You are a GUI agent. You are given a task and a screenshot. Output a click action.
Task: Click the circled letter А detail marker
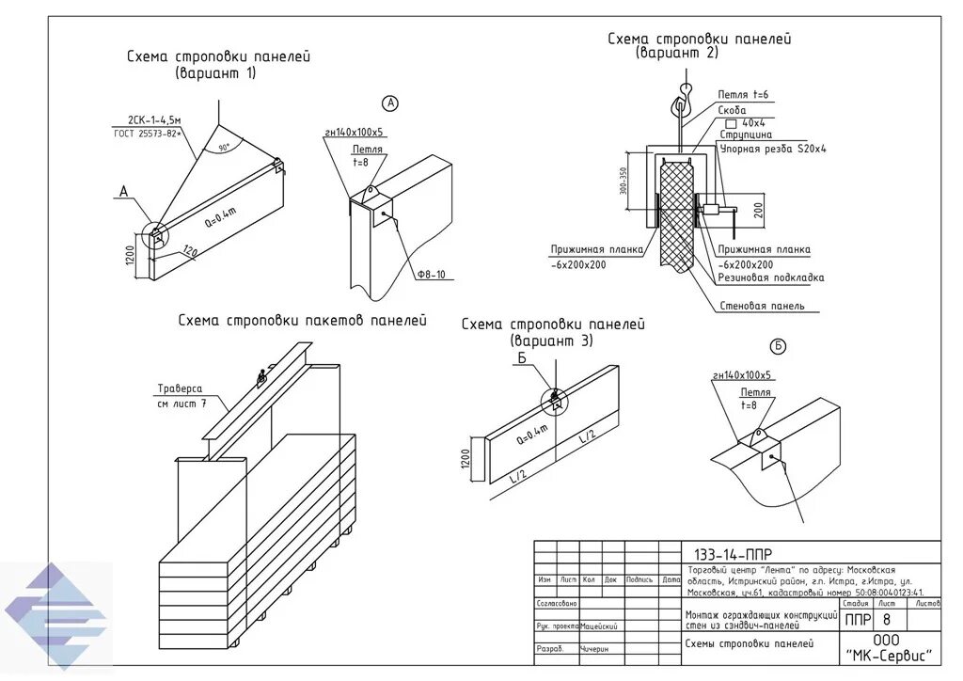391,103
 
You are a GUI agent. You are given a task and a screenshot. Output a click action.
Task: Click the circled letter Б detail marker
778,347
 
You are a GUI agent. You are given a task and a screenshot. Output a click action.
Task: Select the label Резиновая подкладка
770,277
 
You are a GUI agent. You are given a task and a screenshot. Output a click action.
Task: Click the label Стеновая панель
761,306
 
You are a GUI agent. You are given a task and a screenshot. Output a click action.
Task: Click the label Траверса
180,388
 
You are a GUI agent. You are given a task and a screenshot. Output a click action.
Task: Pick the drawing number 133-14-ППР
733,554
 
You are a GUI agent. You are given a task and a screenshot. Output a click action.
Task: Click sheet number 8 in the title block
886,620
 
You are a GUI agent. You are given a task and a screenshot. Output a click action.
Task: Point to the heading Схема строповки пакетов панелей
302,321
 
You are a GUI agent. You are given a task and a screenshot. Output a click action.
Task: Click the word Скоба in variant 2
732,109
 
